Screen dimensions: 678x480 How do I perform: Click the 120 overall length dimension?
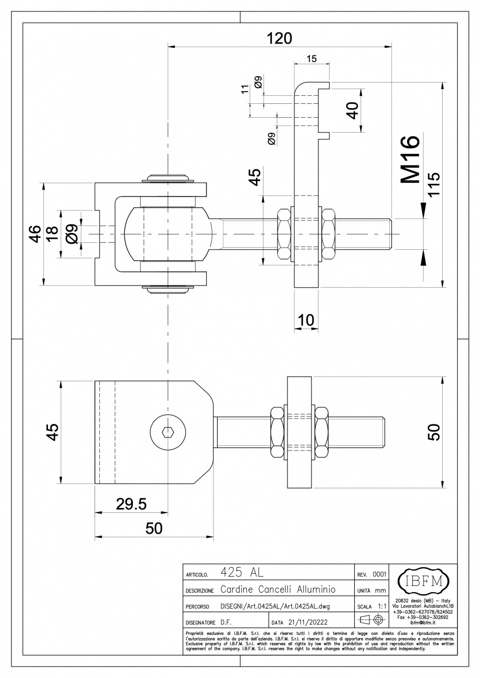(279, 38)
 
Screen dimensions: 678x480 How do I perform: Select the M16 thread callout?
(410, 160)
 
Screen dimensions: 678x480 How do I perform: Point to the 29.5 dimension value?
(131, 504)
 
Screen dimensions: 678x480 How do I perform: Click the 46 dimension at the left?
(35, 233)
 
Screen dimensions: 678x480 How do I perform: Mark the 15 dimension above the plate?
(312, 59)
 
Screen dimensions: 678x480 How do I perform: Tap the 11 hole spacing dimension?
(245, 89)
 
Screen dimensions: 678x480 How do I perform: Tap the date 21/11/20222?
(308, 622)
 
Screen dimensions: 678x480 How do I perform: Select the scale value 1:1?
(382, 606)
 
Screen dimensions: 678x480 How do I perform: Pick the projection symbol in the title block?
(372, 620)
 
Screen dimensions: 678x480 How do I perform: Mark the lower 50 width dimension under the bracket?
(154, 528)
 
